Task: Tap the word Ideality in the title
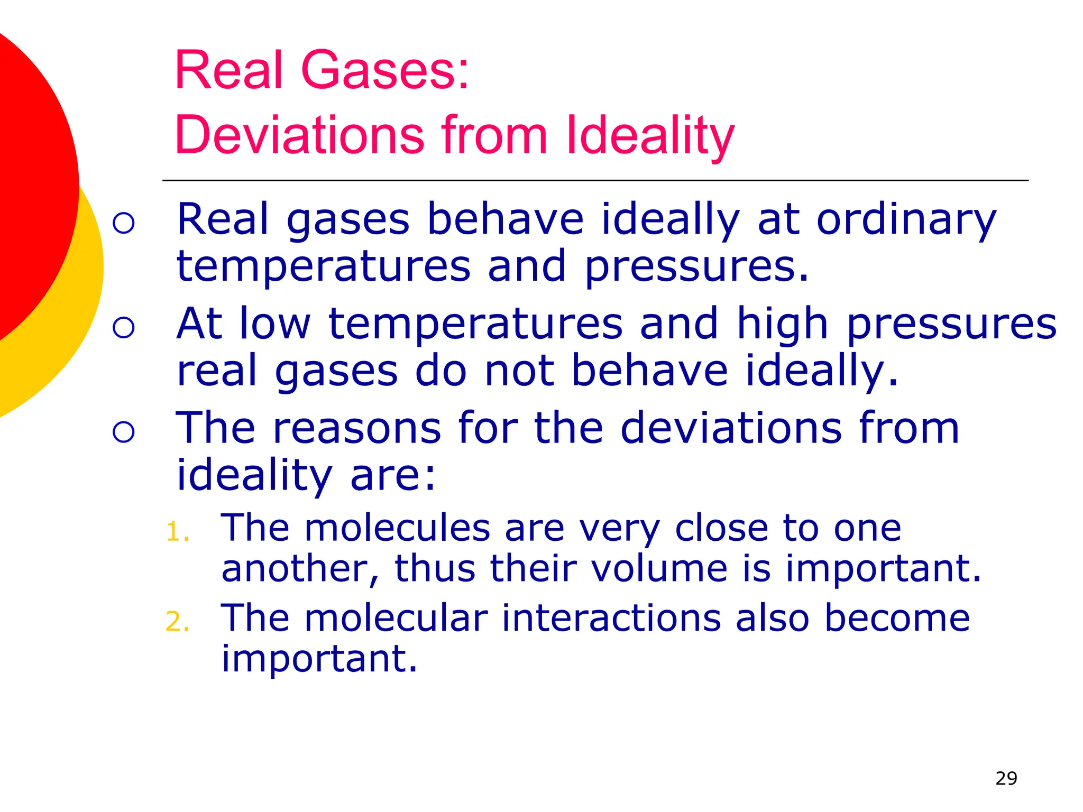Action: (x=650, y=136)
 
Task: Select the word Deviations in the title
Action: (x=299, y=135)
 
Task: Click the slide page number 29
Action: (x=1006, y=779)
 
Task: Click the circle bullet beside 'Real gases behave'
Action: (x=124, y=223)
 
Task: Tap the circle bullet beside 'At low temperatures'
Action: (x=124, y=328)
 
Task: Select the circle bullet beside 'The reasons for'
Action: (x=124, y=432)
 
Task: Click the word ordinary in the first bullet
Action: (x=906, y=220)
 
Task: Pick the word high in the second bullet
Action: (x=783, y=324)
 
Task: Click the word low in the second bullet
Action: (x=274, y=324)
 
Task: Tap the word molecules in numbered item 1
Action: (x=397, y=528)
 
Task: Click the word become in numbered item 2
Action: (x=897, y=618)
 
